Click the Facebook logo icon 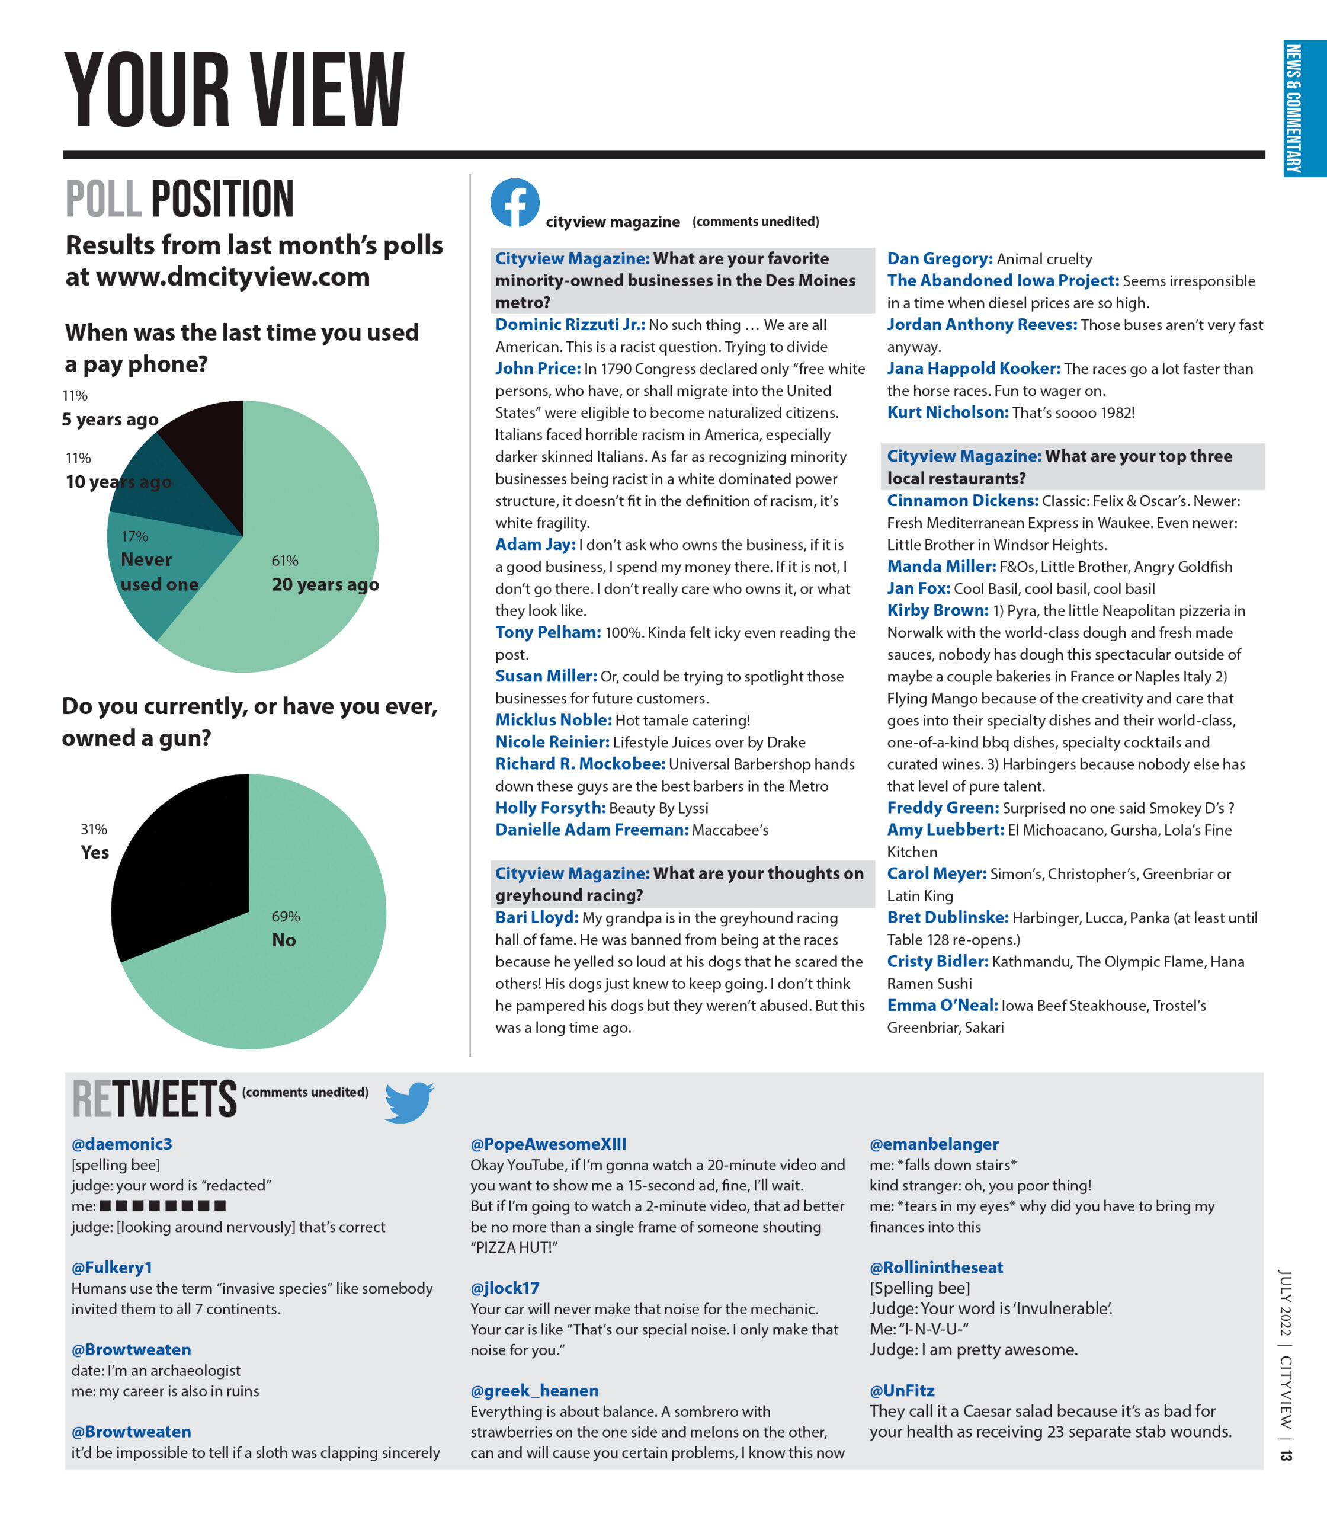pyautogui.click(x=515, y=202)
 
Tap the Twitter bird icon pyautogui.click(x=409, y=1102)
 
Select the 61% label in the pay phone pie pyautogui.click(x=285, y=561)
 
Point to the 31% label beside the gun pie pyautogui.click(x=94, y=829)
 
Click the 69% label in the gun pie pyautogui.click(x=286, y=916)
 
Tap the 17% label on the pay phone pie pyautogui.click(x=135, y=536)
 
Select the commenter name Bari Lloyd pyautogui.click(x=536, y=918)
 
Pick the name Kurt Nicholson pyautogui.click(x=947, y=412)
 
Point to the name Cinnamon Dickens pyautogui.click(x=962, y=501)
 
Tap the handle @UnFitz pyautogui.click(x=902, y=1390)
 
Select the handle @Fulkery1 pyautogui.click(x=112, y=1268)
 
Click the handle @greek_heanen pyautogui.click(x=534, y=1390)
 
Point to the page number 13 pyautogui.click(x=1286, y=1455)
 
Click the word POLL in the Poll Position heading pyautogui.click(x=104, y=199)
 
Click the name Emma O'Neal pyautogui.click(x=942, y=1005)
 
